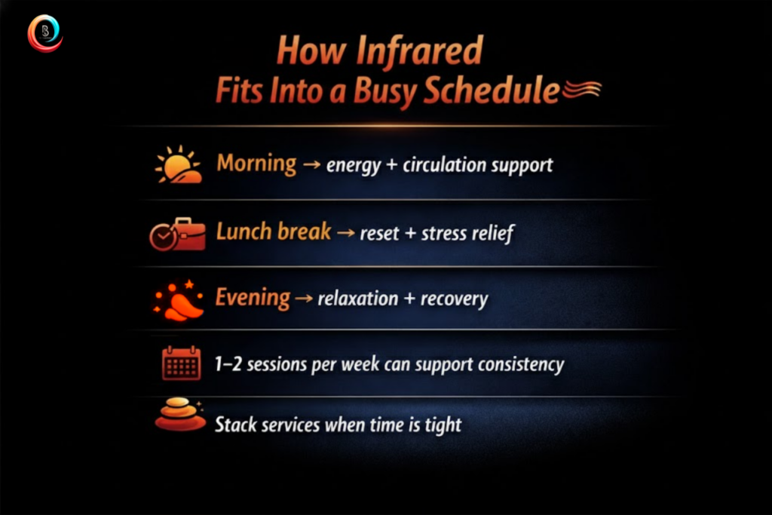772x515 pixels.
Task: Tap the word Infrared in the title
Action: pos(419,51)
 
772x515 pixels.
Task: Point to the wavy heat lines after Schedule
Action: pos(581,89)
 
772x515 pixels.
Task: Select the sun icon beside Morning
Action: pos(178,165)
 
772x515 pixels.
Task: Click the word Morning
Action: pos(256,164)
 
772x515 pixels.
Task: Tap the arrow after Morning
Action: pos(311,164)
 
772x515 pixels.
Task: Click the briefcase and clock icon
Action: pos(177,234)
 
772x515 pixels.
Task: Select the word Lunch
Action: pos(244,231)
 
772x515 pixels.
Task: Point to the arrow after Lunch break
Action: pos(345,232)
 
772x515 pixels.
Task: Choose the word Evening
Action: pos(253,298)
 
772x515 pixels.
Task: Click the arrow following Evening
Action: pos(304,298)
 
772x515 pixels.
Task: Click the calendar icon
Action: pos(181,363)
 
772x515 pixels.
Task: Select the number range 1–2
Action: pos(228,364)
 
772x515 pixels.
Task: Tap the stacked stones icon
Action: pos(180,414)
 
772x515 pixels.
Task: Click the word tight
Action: pos(443,425)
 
